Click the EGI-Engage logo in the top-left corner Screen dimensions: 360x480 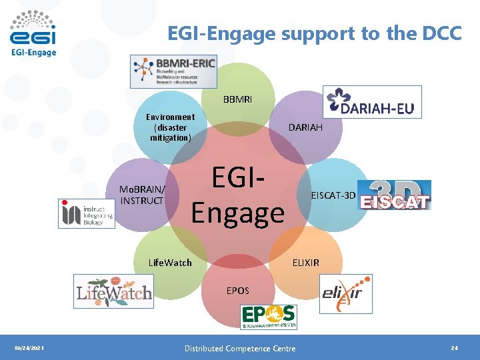click(x=33, y=33)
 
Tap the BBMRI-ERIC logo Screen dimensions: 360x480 click(x=173, y=71)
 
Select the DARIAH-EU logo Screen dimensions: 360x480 click(x=372, y=102)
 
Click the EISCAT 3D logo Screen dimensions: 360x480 click(x=395, y=195)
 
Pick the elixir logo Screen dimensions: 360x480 click(x=346, y=293)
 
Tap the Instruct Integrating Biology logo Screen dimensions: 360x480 click(x=87, y=213)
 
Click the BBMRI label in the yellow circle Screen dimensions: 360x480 click(x=238, y=99)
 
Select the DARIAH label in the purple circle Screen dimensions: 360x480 click(x=305, y=127)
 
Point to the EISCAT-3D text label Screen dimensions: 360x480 click(x=334, y=195)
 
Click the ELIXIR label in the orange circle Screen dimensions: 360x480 click(x=306, y=263)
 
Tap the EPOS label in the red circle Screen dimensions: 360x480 click(x=238, y=291)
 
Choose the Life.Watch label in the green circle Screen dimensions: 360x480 click(x=170, y=263)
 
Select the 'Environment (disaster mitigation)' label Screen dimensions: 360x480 click(x=171, y=127)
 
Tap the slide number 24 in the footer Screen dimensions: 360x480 click(x=454, y=348)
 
